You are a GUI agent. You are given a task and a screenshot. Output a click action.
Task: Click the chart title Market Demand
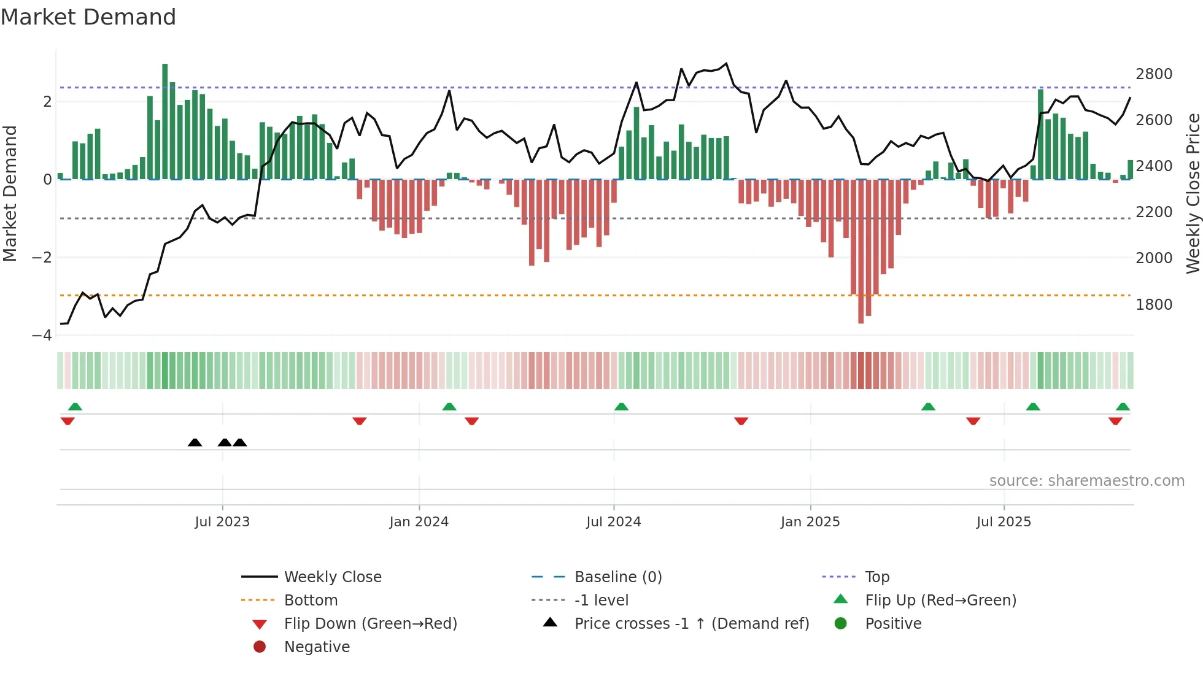coord(88,17)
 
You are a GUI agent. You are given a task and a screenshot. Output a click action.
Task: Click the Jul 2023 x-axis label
coord(222,522)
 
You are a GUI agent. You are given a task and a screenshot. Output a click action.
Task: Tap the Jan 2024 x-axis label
coord(419,522)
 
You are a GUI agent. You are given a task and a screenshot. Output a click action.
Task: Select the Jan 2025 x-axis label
coord(810,522)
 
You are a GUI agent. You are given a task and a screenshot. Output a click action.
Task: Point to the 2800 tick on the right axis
coord(1154,74)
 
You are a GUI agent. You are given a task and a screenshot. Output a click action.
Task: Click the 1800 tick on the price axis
coord(1154,305)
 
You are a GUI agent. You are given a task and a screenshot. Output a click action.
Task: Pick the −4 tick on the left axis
coord(42,336)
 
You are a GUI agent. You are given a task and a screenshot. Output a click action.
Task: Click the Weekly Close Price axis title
coord(1193,193)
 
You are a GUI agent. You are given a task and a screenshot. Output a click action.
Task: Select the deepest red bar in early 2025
coord(861,252)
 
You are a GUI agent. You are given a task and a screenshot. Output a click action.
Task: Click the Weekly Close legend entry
coord(332,577)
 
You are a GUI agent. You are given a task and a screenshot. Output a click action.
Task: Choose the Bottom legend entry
coord(311,601)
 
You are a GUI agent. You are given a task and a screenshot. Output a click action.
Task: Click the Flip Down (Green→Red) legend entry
coord(370,624)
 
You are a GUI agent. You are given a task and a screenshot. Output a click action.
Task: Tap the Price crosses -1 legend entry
coord(691,624)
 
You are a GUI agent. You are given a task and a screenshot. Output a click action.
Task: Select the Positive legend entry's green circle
coord(841,624)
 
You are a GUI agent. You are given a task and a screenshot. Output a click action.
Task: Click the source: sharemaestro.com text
coord(1086,481)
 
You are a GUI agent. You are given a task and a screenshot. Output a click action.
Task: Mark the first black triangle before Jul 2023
coord(195,443)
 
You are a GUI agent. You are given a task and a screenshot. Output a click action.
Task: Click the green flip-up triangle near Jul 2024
coord(621,407)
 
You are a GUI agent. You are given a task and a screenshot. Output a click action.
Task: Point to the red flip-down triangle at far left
coord(68,421)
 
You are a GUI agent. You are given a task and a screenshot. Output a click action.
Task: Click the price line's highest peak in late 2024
coord(726,64)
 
